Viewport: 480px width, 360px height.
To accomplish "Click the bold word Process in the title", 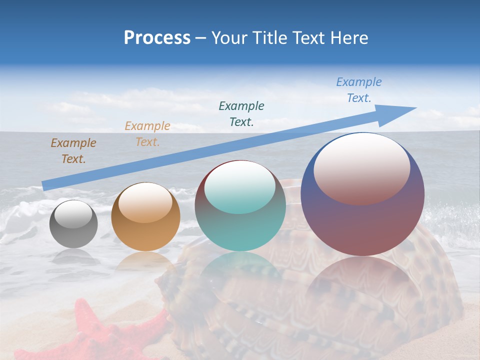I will (x=157, y=38).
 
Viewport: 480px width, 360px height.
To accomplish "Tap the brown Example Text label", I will (x=73, y=151).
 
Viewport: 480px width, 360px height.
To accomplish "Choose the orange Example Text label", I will (x=147, y=134).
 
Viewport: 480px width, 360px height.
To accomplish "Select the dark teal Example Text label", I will (x=241, y=113).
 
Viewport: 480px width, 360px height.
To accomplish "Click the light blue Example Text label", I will (x=359, y=90).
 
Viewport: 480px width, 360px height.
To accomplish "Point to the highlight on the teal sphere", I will (x=240, y=187).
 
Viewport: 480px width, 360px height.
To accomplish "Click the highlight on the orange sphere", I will (x=145, y=202).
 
